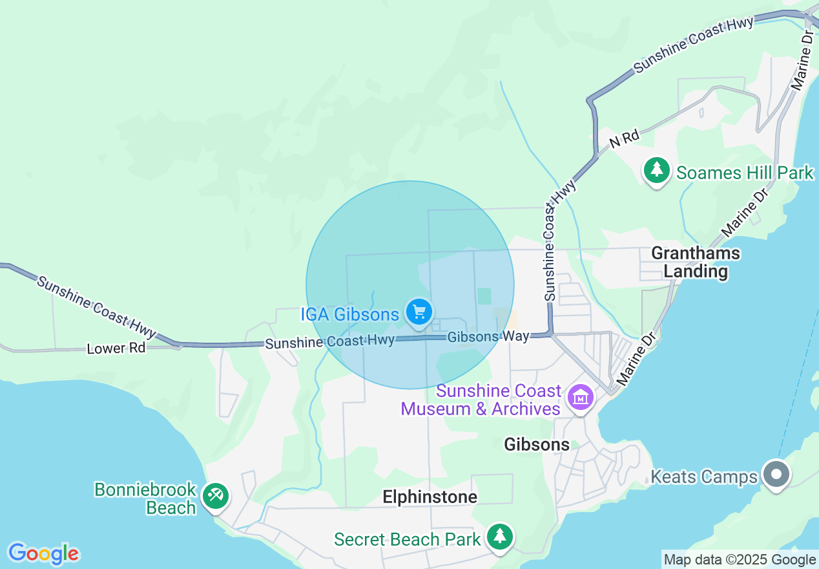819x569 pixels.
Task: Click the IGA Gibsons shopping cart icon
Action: click(x=419, y=313)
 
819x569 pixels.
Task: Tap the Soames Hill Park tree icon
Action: click(x=657, y=171)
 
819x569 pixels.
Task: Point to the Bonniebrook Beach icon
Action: click(x=214, y=497)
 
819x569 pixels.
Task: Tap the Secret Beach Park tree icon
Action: click(x=499, y=537)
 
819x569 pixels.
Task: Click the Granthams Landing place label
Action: click(x=696, y=262)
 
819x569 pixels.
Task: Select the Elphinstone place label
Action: click(x=430, y=497)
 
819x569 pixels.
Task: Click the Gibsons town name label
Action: click(x=537, y=444)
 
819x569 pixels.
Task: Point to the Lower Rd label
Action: click(x=116, y=348)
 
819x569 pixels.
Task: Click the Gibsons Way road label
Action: click(x=488, y=336)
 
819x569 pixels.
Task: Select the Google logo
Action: click(x=43, y=553)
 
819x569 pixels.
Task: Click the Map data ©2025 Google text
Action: click(x=740, y=560)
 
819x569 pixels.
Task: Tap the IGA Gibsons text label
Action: click(x=349, y=315)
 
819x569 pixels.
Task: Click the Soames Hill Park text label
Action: click(x=745, y=173)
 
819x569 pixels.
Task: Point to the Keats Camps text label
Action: click(x=703, y=477)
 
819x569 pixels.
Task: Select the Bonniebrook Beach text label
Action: click(x=145, y=499)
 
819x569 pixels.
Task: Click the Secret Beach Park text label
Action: click(x=407, y=539)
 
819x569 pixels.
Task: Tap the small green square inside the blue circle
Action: click(x=484, y=296)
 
